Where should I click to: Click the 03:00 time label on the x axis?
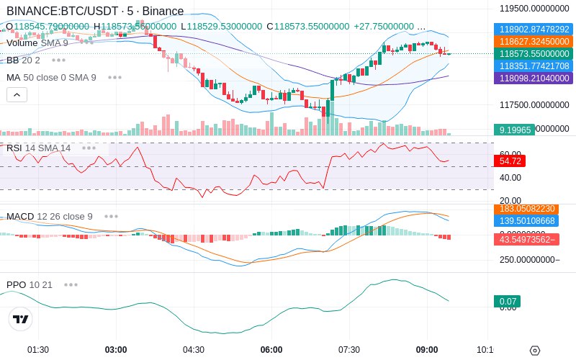116,350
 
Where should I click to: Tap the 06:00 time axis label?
271,350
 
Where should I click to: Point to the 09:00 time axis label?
427,350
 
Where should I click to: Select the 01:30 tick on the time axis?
38,350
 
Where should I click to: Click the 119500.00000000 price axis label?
534,9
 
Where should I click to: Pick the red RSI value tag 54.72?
510,161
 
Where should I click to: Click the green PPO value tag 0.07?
506,302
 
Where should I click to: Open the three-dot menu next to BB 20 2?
58,60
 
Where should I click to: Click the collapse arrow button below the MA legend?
17,94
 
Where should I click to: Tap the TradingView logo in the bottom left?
21,319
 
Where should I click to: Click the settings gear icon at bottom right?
534,351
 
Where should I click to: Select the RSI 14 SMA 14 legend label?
39,148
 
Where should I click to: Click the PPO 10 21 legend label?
30,284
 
